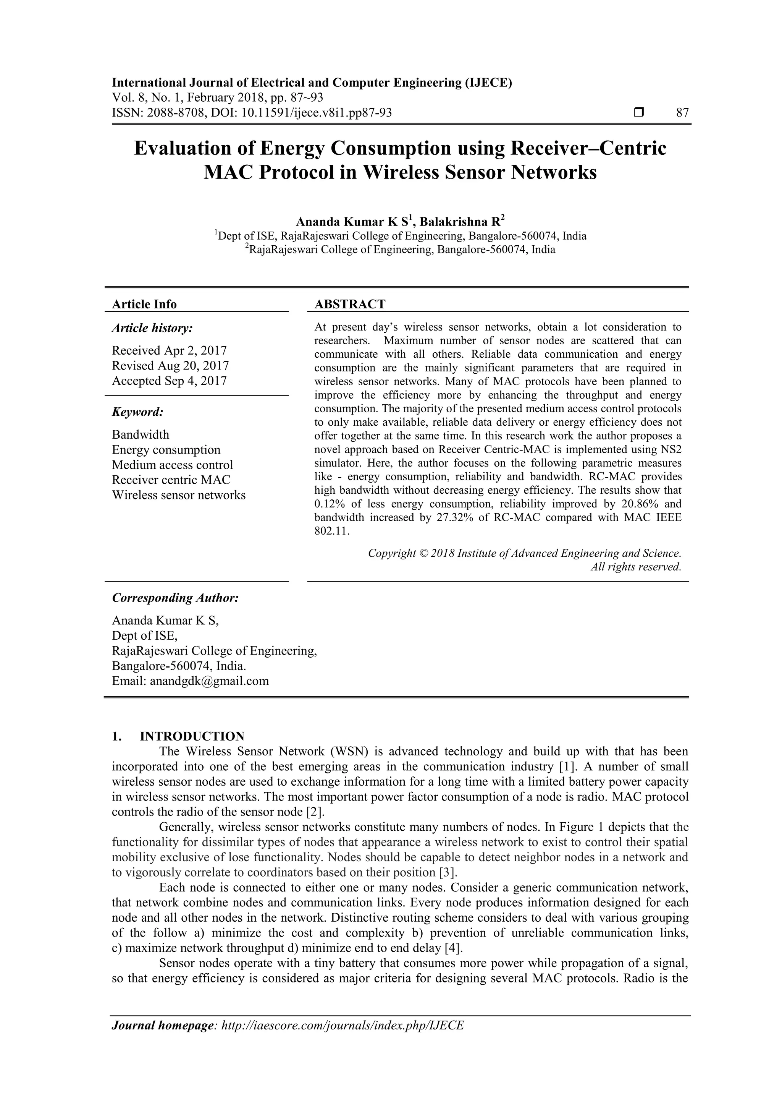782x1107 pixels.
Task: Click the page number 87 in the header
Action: click(682, 113)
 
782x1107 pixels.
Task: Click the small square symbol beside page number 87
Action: click(639, 113)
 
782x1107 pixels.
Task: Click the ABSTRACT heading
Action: click(350, 304)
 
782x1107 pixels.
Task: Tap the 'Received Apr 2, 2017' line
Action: click(169, 350)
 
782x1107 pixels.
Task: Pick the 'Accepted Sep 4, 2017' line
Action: click(169, 381)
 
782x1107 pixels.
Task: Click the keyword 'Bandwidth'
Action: click(141, 434)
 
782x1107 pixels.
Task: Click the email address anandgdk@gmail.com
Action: click(209, 681)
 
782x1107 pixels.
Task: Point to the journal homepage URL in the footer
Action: click(342, 1039)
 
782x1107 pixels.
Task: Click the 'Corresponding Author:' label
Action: click(175, 598)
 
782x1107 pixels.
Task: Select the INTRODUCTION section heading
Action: click(192, 736)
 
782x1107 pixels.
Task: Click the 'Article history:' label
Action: click(152, 328)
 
